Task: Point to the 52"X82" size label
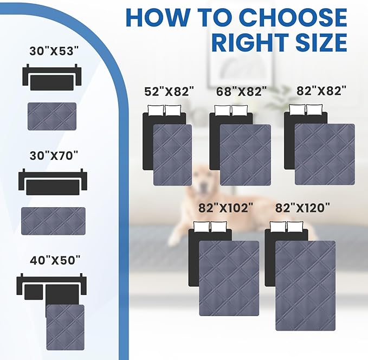click(169, 92)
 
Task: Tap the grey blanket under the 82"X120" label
click(305, 285)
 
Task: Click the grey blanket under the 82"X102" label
click(229, 278)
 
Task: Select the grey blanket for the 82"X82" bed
click(325, 155)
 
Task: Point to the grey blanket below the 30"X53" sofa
click(52, 116)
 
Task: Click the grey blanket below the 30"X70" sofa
click(53, 221)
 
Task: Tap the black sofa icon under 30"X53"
click(51, 78)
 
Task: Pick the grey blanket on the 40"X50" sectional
click(65, 327)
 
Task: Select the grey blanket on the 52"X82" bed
click(172, 155)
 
